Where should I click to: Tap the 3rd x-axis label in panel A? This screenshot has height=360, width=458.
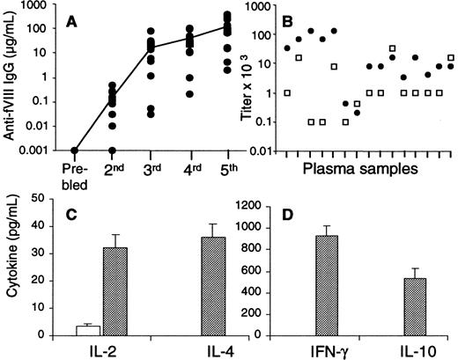[x=151, y=172]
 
